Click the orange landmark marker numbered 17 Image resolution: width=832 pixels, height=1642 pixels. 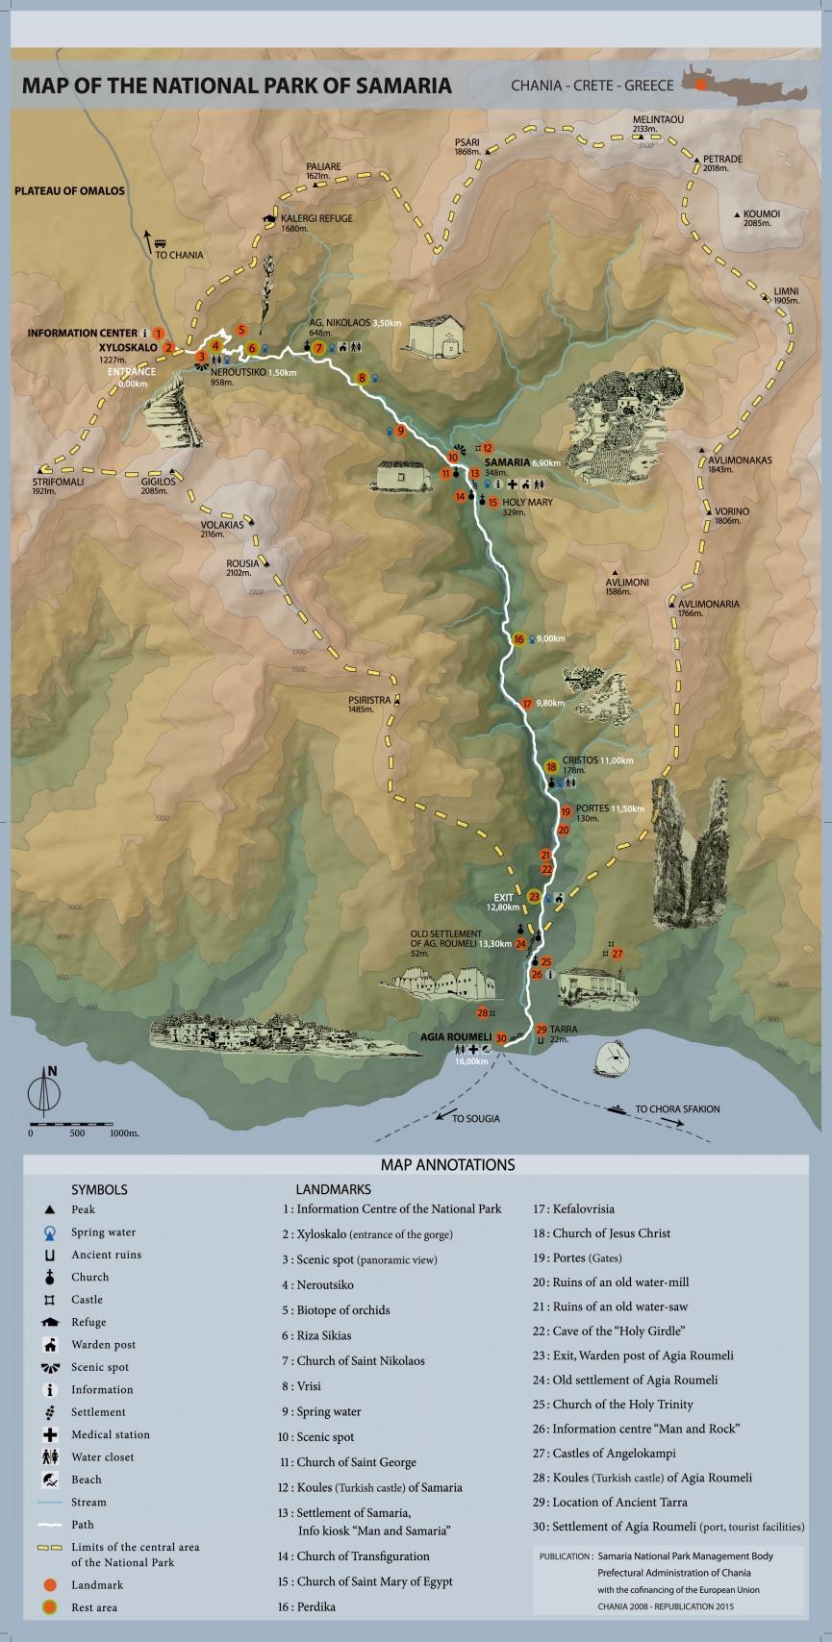click(526, 704)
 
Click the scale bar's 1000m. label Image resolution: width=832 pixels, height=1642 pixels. click(124, 1133)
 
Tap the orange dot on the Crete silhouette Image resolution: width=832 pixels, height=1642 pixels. click(701, 85)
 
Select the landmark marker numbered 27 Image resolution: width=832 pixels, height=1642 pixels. click(618, 954)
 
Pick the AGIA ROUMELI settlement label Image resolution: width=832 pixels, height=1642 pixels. click(456, 1037)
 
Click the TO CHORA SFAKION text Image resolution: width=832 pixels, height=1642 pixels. click(677, 1108)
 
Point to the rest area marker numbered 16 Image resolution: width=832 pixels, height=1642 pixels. click(518, 638)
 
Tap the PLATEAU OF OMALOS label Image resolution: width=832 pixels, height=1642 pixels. click(69, 190)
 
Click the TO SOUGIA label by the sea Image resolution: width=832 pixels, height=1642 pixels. click(476, 1119)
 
